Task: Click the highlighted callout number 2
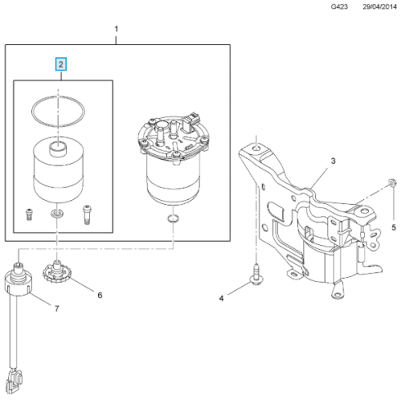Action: point(61,65)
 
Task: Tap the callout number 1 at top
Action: point(116,29)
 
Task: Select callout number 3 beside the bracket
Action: point(333,161)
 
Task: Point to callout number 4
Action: point(221,298)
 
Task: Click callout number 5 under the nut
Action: point(393,227)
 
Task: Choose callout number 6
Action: point(100,295)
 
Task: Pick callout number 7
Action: point(56,309)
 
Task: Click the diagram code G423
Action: point(339,7)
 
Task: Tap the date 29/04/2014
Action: point(380,7)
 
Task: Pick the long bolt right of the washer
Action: point(87,215)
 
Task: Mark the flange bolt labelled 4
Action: point(256,275)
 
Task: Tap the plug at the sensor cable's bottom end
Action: point(15,380)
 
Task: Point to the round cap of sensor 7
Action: point(19,284)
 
